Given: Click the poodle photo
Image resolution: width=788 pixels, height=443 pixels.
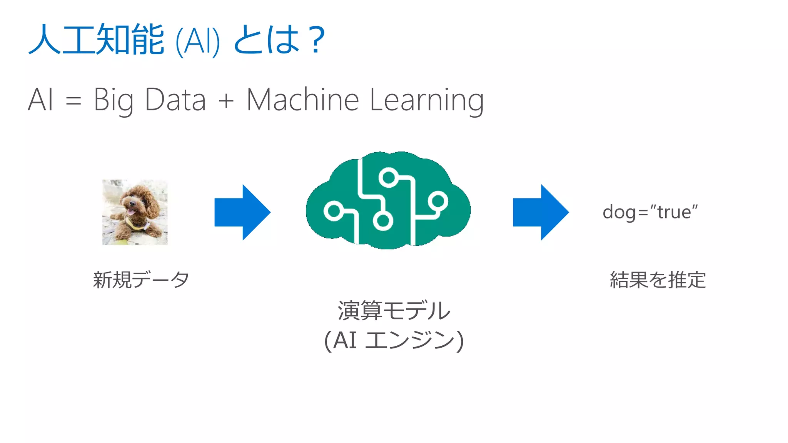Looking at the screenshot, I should pos(135,212).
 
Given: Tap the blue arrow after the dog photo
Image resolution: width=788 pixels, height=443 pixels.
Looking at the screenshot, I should pos(242,212).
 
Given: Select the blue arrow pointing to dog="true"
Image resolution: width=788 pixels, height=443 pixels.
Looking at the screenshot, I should pos(541,212).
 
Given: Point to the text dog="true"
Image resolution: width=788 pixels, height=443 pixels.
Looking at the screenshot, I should pos(650,212).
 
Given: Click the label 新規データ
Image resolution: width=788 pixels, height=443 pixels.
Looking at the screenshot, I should pos(141,280).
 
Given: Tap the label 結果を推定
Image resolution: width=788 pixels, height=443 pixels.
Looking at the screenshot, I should pos(658,280).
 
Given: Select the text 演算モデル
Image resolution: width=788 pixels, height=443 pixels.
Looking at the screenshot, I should pos(394,310).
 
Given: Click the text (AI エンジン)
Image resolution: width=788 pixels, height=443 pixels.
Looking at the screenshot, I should pos(394,341).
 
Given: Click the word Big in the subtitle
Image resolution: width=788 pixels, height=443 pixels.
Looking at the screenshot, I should pos(114,100).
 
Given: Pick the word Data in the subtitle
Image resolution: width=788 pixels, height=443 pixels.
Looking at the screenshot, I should pos(175,100).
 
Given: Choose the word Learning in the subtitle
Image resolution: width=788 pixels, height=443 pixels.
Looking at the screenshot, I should pos(426,100).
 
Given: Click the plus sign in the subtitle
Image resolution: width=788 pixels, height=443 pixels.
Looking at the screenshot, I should pos(226,101).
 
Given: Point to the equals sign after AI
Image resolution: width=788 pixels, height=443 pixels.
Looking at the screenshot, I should pos(73,101).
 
